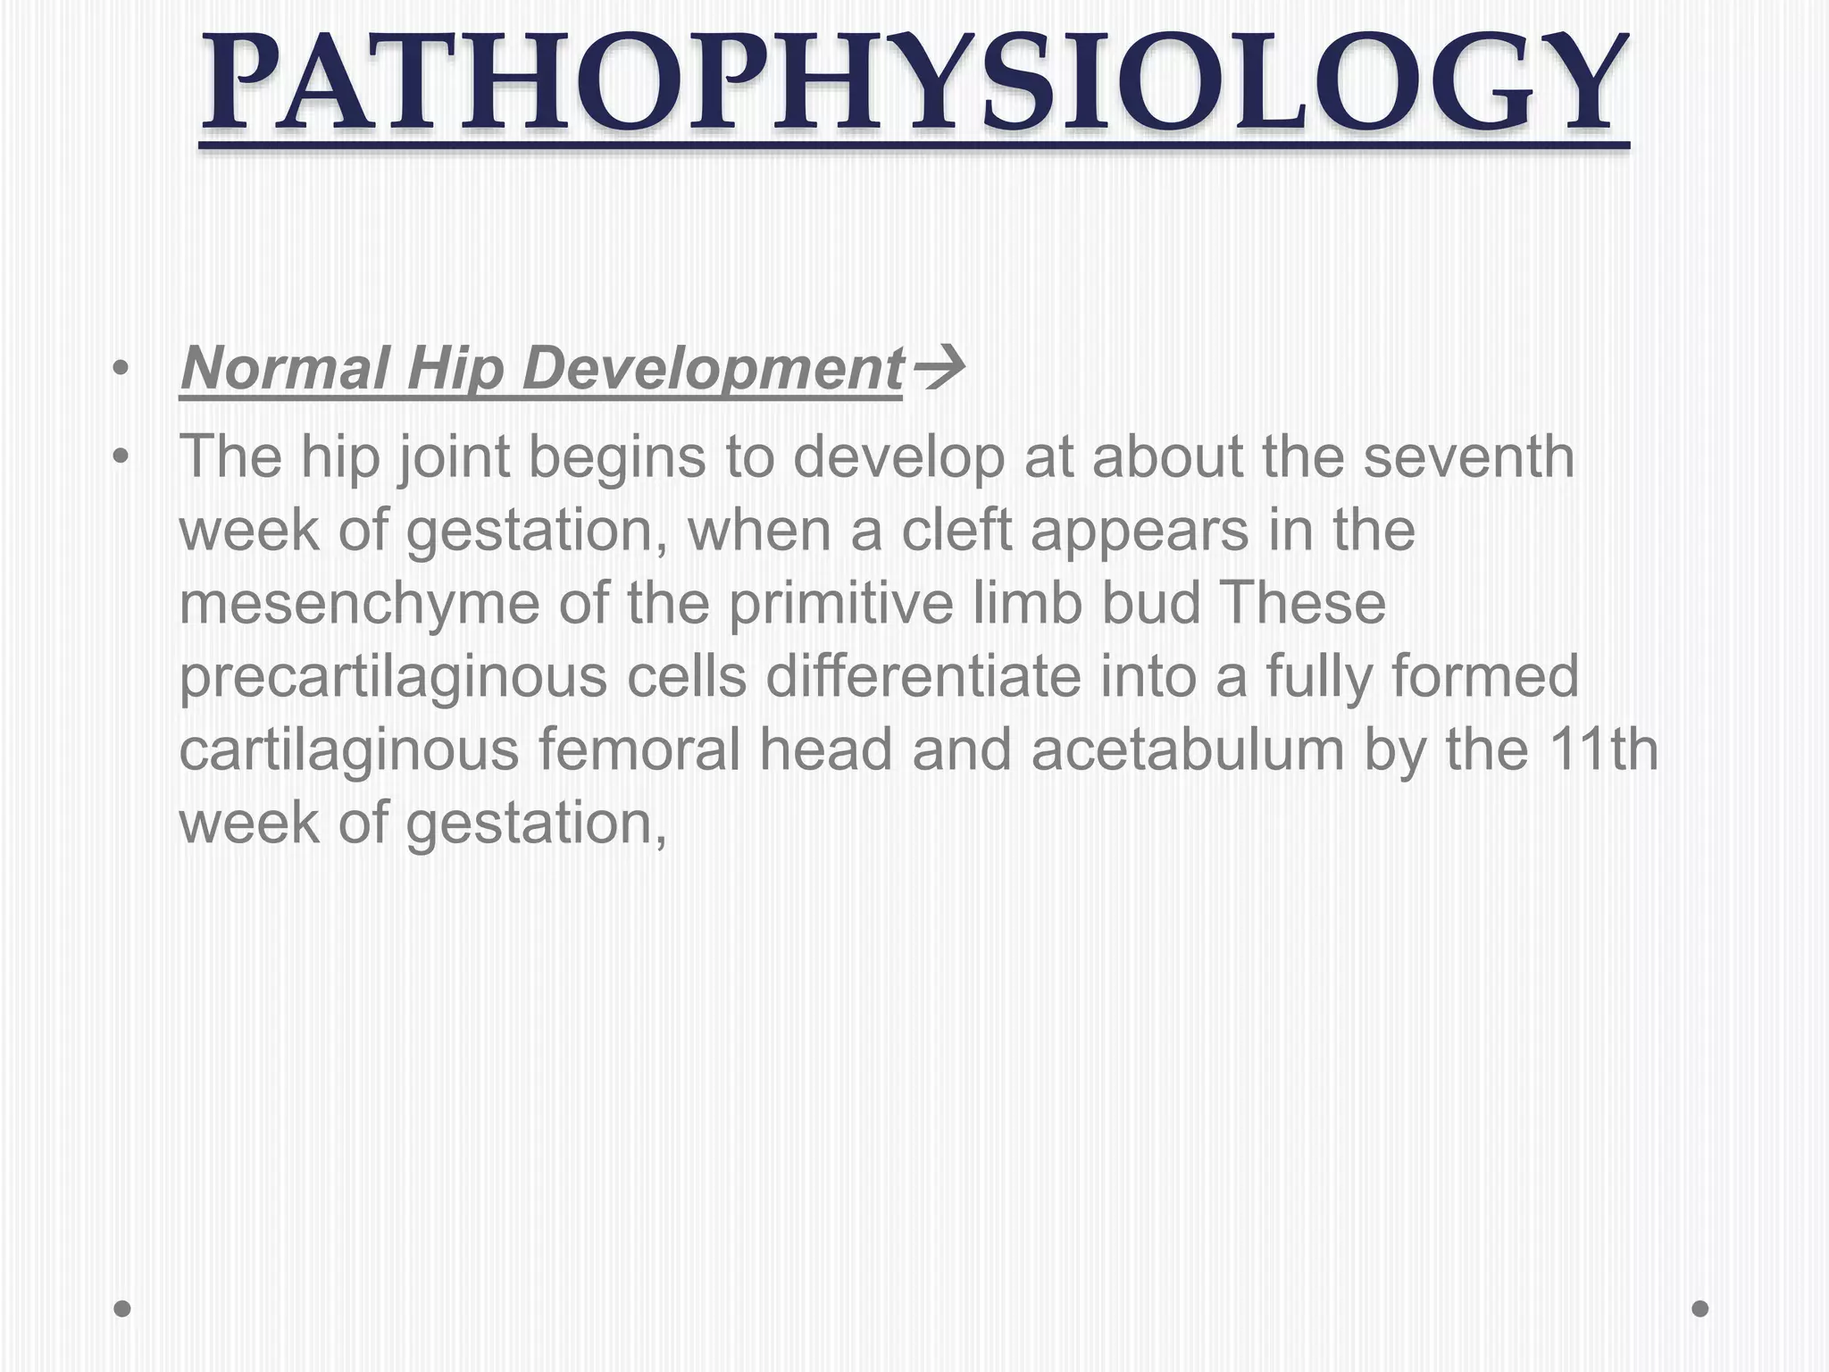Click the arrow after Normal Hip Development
pyautogui.click(x=938, y=368)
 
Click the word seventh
pyautogui.click(x=1468, y=457)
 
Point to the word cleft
pyautogui.click(x=959, y=531)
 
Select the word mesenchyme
pyautogui.click(x=359, y=604)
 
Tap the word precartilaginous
pyautogui.click(x=393, y=677)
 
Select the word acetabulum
pyautogui.click(x=1188, y=750)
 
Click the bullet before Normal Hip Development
pyautogui.click(x=121, y=368)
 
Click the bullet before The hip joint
pyautogui.click(x=121, y=457)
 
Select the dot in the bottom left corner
pyautogui.click(x=122, y=1309)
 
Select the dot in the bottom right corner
pyautogui.click(x=1700, y=1309)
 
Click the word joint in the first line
pyautogui.click(x=454, y=457)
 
